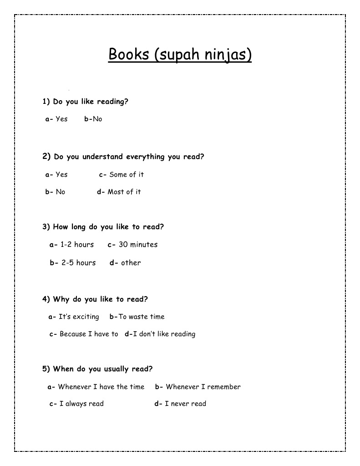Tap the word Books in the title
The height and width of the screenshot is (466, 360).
[x=129, y=55]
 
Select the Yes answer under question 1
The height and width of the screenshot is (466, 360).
[x=61, y=119]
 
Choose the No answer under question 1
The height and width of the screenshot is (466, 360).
[x=97, y=119]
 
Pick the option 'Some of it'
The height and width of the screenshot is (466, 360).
[x=126, y=174]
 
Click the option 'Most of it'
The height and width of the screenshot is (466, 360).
[x=124, y=192]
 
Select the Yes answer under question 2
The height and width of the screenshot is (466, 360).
[x=61, y=174]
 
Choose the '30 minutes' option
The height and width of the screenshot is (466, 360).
[x=137, y=245]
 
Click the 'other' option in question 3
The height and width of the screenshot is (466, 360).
[x=131, y=263]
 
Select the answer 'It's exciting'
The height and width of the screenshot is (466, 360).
[x=78, y=317]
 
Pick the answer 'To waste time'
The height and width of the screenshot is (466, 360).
[x=141, y=317]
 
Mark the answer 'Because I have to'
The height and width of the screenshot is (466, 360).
[x=88, y=334]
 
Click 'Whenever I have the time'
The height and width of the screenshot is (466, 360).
[x=101, y=387]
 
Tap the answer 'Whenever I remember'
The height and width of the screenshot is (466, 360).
[x=203, y=387]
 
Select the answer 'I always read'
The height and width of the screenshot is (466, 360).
[x=81, y=404]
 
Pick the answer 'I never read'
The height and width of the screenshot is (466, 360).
[x=185, y=404]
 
